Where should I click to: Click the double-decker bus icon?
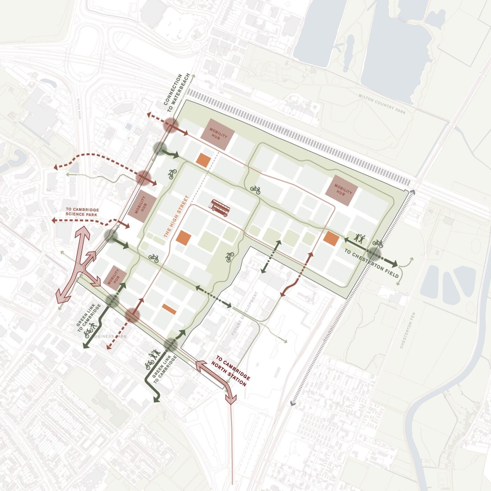pos(220,208)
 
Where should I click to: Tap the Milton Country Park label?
pos(382,104)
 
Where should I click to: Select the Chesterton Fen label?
pos(408,330)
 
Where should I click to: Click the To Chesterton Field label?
pos(371,263)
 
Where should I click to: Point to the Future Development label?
pos(244,314)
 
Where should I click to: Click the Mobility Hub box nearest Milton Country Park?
pos(342,190)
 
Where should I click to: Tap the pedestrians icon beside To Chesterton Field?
pos(359,238)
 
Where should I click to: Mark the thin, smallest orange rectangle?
pos(169,309)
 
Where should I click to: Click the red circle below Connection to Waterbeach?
pos(171,125)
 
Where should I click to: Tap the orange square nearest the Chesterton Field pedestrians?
pos(331,238)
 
